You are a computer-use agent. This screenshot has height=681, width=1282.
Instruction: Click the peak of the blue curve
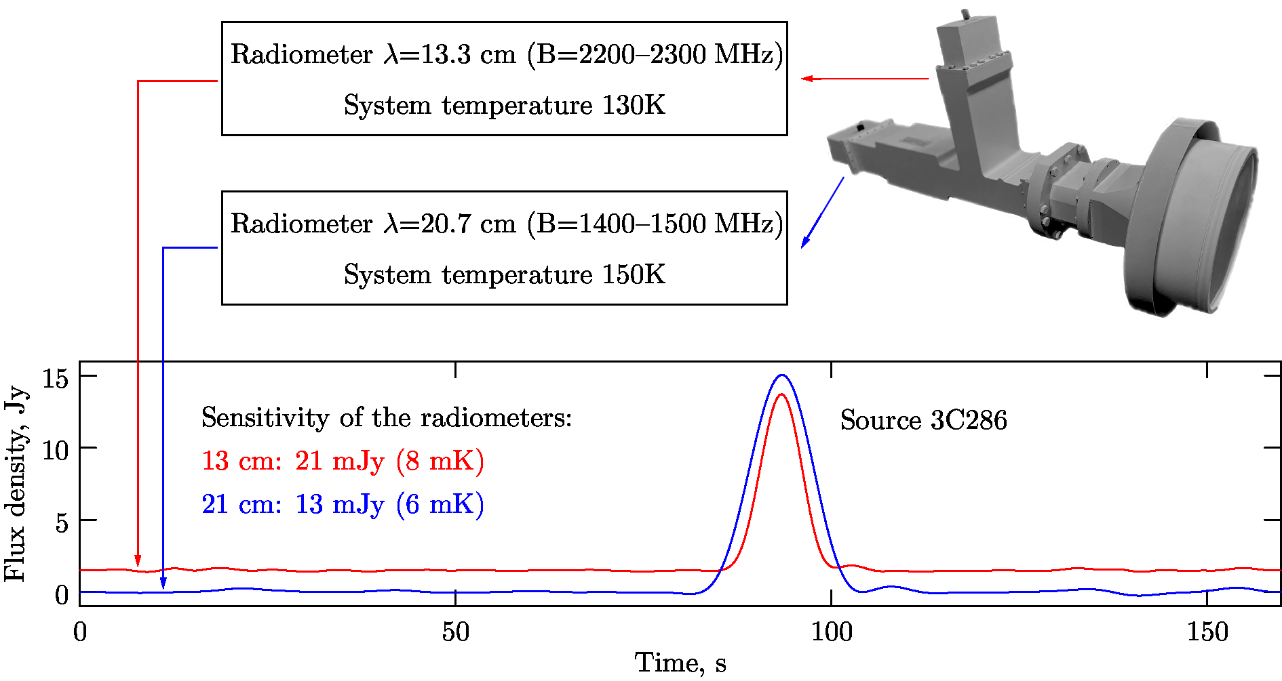[782, 375]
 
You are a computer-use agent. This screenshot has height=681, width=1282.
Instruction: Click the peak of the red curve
[781, 394]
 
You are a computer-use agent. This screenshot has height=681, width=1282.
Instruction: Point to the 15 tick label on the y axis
[56, 378]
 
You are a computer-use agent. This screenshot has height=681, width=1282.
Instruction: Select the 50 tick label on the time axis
[455, 632]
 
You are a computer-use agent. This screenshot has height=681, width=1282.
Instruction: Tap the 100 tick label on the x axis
[832, 632]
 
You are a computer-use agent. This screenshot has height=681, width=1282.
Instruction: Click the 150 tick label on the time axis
[1207, 632]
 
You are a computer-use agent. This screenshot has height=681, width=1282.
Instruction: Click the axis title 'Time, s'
[680, 663]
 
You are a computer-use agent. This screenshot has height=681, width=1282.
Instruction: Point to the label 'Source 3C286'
[923, 420]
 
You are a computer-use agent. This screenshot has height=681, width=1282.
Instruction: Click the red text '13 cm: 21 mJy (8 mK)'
[343, 461]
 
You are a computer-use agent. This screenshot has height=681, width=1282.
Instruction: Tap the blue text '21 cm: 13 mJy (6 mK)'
[343, 504]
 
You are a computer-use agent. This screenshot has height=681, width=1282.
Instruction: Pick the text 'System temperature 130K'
[504, 105]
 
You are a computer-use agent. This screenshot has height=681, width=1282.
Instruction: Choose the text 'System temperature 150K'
[504, 274]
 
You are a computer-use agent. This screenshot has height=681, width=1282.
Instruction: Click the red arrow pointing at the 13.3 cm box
[864, 79]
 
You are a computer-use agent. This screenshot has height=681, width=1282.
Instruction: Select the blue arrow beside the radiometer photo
[822, 212]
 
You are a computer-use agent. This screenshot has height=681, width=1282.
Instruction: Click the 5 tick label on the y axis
[62, 522]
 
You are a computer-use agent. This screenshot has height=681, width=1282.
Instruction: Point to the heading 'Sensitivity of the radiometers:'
[387, 417]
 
